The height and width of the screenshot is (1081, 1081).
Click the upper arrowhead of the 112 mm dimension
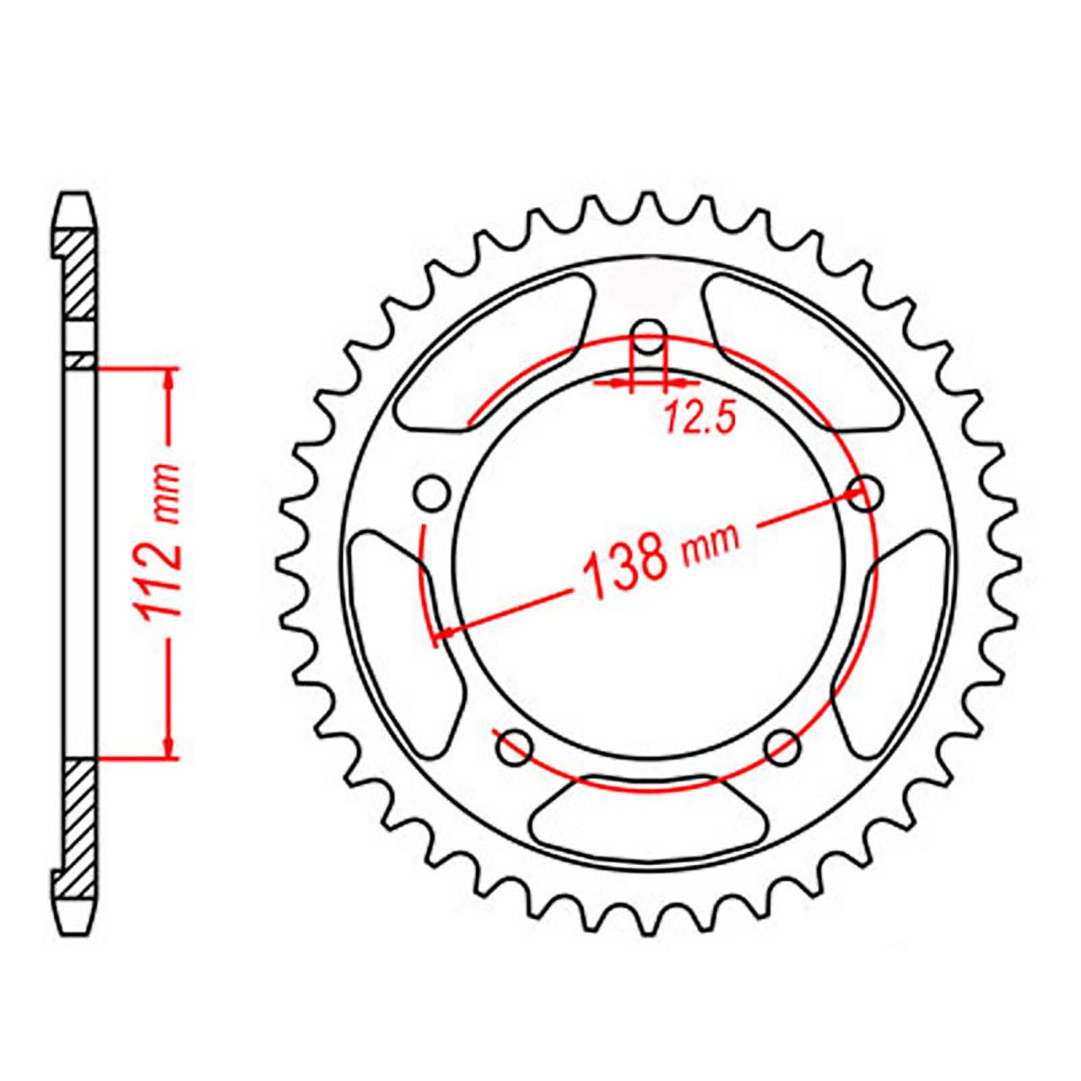(x=169, y=379)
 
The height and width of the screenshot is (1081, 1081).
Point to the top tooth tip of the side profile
(x=74, y=200)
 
